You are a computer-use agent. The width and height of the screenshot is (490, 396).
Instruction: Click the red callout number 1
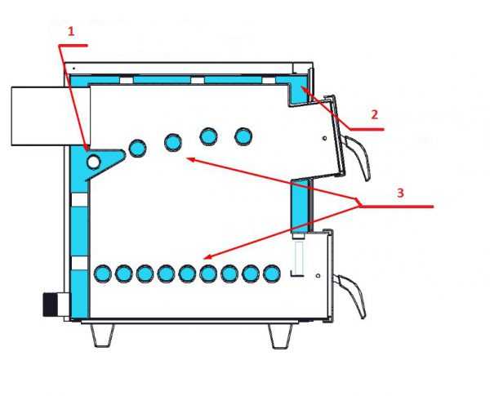[x=71, y=31]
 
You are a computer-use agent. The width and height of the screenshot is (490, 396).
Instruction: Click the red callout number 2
[x=375, y=114]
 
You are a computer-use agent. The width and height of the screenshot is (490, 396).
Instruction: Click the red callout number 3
[x=400, y=193]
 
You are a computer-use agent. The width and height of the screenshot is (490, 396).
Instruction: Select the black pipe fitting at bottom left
[x=50, y=305]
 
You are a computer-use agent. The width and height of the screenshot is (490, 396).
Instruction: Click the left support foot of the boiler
[x=102, y=335]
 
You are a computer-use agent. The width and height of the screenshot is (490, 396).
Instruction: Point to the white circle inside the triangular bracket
[x=93, y=162]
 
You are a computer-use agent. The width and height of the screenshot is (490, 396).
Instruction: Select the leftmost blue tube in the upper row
[x=137, y=148]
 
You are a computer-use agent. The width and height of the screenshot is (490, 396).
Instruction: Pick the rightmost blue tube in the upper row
[x=243, y=136]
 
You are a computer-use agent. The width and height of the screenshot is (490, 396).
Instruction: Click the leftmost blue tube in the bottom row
[x=103, y=274]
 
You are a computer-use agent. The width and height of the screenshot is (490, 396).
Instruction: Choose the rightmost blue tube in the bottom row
[x=272, y=274]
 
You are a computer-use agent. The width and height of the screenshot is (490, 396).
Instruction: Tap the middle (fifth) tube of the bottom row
[x=187, y=274]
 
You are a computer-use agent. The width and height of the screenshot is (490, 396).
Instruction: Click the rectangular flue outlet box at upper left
[x=51, y=116]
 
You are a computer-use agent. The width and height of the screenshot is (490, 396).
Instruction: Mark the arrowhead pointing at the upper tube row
[x=191, y=160]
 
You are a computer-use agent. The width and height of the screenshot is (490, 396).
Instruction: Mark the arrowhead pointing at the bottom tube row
[x=207, y=256]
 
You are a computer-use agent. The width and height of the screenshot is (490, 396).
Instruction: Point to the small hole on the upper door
[x=325, y=138]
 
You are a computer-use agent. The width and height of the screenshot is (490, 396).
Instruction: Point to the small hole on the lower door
[x=318, y=276]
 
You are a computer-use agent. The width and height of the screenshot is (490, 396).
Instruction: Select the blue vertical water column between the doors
[x=300, y=207]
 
